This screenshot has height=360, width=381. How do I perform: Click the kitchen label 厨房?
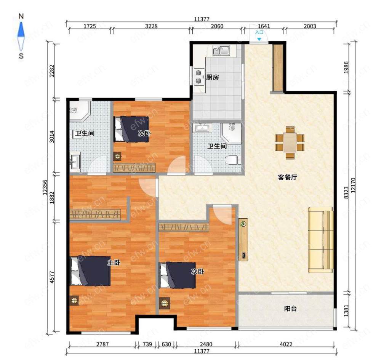(x=213, y=77)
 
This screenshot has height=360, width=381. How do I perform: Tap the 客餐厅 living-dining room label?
(x=287, y=177)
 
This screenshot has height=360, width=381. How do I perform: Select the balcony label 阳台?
(x=290, y=309)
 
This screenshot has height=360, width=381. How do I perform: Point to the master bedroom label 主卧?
(x=114, y=262)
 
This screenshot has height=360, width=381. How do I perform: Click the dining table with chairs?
(x=290, y=143)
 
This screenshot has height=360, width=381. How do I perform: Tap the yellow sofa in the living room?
(x=320, y=240)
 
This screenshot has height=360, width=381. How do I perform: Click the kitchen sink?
(x=221, y=51)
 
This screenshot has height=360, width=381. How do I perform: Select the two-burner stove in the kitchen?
(x=199, y=77)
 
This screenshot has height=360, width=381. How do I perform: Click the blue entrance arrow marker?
(x=259, y=39)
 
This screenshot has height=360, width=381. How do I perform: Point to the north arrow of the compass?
(x=21, y=30)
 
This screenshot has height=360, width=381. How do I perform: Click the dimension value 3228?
(x=151, y=26)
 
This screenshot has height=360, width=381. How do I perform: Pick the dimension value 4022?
(x=286, y=344)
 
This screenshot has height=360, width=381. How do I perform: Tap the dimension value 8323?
(x=346, y=192)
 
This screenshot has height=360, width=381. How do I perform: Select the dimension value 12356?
(x=45, y=187)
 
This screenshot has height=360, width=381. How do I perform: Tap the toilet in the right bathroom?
(x=232, y=160)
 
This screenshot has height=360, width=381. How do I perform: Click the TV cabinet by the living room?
(x=243, y=240)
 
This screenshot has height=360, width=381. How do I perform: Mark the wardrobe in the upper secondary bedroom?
(x=134, y=168)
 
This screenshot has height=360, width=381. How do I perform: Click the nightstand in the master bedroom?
(x=74, y=301)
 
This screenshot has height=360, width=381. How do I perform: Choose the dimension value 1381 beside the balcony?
(x=346, y=311)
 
